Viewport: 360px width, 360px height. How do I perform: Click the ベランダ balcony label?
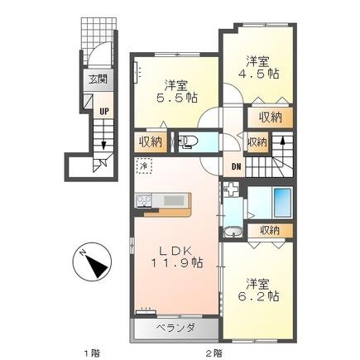coord(175,329)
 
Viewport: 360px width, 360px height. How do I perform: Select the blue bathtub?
coord(281,200)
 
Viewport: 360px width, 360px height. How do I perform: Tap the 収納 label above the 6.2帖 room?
coord(269,230)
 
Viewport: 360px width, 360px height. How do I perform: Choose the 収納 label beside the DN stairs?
coord(257,142)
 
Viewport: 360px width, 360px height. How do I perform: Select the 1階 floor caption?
coord(90,351)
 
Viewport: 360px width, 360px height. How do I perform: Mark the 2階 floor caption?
coord(214,351)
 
